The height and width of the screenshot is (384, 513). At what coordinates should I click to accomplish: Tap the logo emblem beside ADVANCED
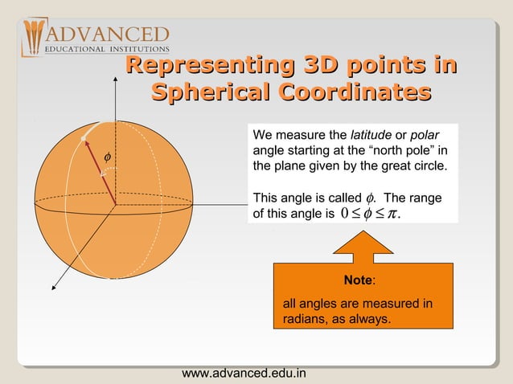(35, 38)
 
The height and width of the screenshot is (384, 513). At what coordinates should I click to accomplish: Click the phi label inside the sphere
(109, 154)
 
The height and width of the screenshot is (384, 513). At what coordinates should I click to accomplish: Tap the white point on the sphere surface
(83, 140)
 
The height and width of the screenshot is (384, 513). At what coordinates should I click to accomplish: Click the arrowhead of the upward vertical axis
(116, 84)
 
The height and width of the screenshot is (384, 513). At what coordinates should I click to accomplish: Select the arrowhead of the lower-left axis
(55, 284)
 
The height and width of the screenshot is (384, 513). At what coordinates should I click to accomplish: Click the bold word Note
(357, 280)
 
